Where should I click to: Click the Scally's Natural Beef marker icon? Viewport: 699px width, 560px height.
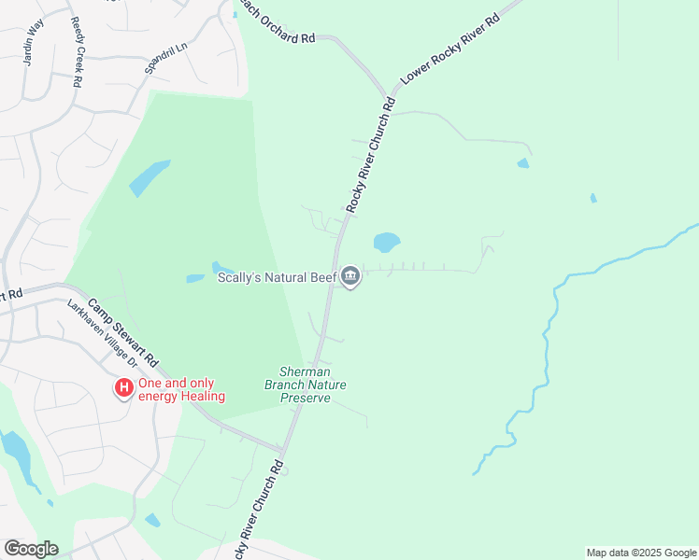350,275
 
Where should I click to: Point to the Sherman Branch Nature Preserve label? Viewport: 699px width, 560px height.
306,385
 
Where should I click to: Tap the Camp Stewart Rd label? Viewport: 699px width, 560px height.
125,331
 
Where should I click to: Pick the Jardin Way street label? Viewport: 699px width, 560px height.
35,44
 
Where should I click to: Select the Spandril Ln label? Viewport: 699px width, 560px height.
166,58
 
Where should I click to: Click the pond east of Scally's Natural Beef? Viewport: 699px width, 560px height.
386,243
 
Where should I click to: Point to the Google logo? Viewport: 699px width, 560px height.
31,549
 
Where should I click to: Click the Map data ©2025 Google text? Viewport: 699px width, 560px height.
641,553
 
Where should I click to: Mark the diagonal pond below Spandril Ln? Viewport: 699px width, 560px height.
150,177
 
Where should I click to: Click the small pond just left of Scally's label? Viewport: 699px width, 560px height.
195,278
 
